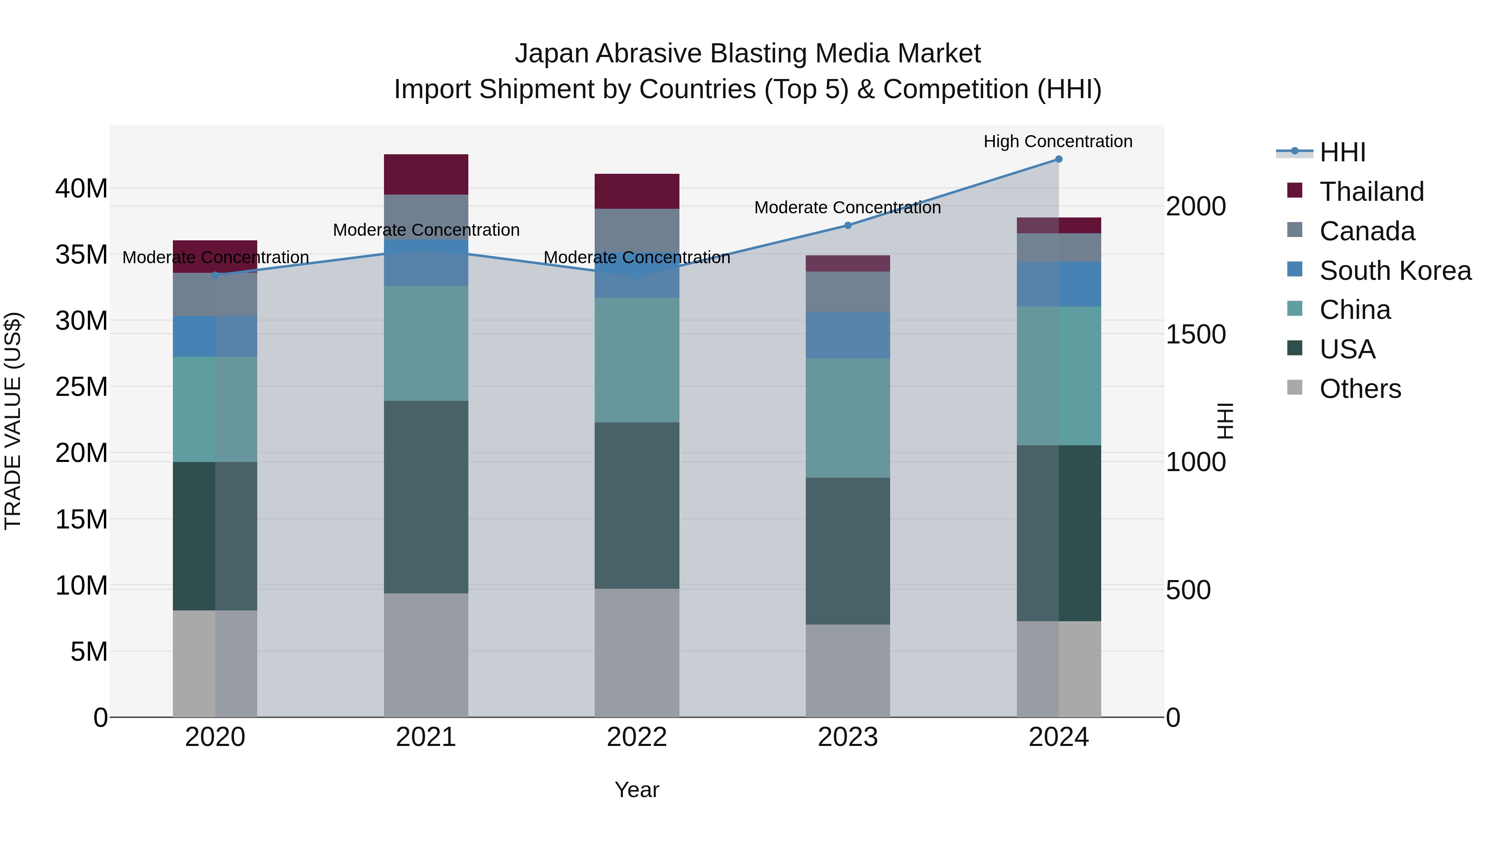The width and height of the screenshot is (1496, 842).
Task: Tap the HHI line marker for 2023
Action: (x=847, y=225)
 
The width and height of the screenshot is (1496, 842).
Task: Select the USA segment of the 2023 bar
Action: (x=847, y=551)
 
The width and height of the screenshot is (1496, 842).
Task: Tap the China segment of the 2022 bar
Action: (x=637, y=360)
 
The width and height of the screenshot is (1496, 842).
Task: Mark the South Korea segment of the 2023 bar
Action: (x=847, y=335)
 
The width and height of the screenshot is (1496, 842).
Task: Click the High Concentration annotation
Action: (x=1058, y=142)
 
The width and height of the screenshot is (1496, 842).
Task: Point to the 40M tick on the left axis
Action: (x=81, y=189)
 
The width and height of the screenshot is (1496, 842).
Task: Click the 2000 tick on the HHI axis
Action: (x=1196, y=207)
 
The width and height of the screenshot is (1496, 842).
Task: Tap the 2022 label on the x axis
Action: (x=637, y=737)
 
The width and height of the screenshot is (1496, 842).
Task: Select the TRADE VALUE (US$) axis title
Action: (x=13, y=421)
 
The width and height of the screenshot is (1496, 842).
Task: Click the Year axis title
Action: (x=637, y=790)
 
